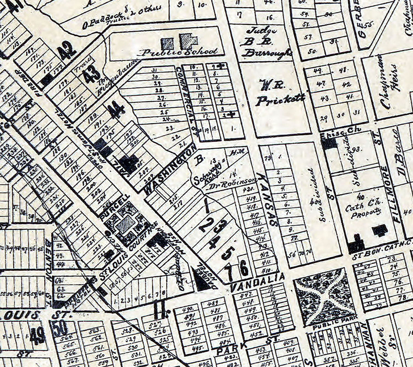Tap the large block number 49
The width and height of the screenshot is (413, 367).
[38, 335]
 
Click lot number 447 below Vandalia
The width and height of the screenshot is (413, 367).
[244, 295]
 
